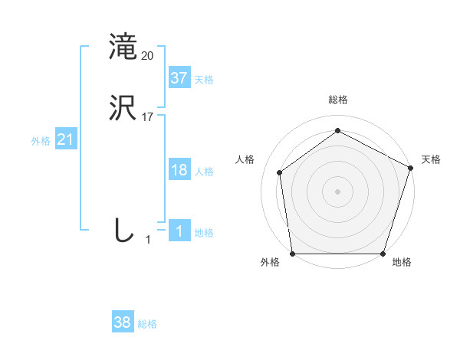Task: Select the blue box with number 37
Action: coord(179,77)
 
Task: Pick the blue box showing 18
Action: coord(179,170)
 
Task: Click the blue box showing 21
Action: coord(66,139)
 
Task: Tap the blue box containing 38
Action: coord(123,322)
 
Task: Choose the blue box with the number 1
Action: coord(179,231)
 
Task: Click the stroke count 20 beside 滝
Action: coord(148,56)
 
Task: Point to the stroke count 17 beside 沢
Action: coord(148,117)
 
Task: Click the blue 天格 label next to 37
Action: coord(204,79)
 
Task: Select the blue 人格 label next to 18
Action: coord(204,172)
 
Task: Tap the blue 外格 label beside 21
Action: coord(41,141)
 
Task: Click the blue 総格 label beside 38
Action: coord(147,324)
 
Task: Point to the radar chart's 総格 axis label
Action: coord(337,100)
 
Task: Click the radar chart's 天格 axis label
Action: coord(431,159)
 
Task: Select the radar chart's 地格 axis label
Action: coord(402,262)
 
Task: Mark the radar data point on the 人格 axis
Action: coord(280,172)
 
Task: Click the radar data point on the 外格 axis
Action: coord(292,254)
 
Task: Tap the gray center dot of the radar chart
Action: coord(337,191)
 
